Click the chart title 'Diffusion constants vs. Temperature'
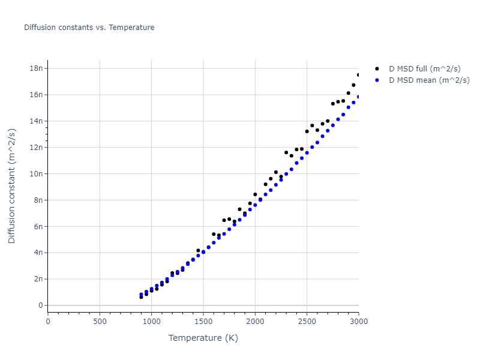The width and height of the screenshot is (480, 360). [89, 28]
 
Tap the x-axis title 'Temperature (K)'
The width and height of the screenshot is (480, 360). [203, 338]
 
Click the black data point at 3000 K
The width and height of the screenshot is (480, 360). [359, 75]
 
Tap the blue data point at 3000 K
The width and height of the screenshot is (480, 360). [359, 97]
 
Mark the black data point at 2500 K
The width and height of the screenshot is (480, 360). [307, 131]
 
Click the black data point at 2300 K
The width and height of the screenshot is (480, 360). [286, 152]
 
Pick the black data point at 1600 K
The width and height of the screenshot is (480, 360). [214, 234]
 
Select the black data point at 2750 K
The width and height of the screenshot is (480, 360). [333, 104]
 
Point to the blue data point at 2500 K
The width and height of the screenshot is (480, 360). [307, 153]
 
